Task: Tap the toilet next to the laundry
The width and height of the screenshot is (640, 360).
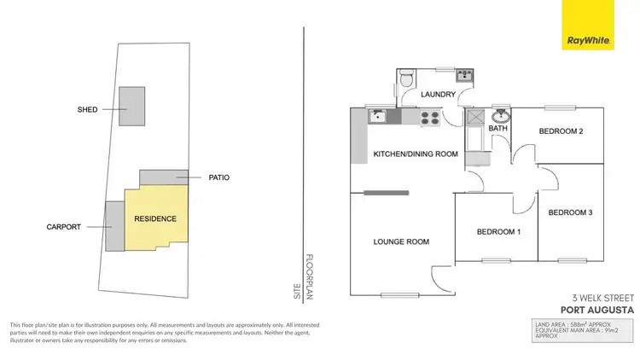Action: coord(407,79)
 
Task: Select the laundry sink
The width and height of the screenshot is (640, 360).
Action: coord(464,75)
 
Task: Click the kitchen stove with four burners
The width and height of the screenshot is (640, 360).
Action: coord(429,118)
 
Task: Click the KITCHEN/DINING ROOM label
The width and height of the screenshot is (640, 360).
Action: coord(416,154)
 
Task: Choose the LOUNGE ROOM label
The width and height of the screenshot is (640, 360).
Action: coord(400,241)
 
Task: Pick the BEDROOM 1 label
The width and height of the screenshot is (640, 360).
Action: coord(497,231)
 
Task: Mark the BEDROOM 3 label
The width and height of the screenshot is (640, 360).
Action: coord(570,212)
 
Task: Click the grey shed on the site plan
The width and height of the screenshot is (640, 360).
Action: coord(131,107)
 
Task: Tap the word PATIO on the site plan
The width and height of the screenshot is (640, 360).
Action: coord(218,177)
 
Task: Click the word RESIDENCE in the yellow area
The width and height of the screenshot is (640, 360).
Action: coord(155,218)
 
